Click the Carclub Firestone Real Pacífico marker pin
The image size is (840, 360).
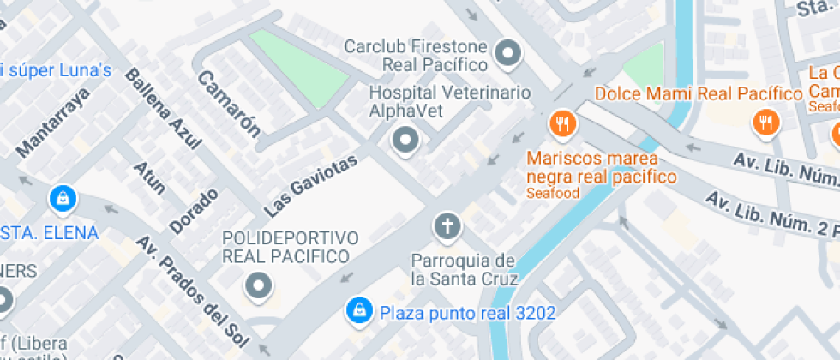click(510, 55)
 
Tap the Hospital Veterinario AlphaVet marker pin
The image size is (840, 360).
click(405, 139)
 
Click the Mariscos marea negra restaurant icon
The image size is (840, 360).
click(562, 124)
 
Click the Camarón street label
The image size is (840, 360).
click(229, 103)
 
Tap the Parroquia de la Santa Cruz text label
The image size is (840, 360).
click(464, 269)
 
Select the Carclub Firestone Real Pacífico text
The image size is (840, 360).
click(416, 55)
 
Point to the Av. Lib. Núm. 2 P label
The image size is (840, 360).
click(771, 214)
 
